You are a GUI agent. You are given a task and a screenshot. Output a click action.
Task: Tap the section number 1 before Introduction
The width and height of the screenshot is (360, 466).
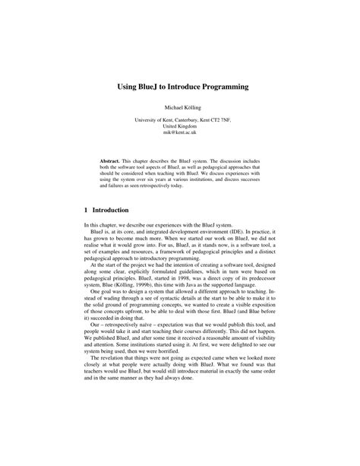pyautogui.click(x=87, y=209)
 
